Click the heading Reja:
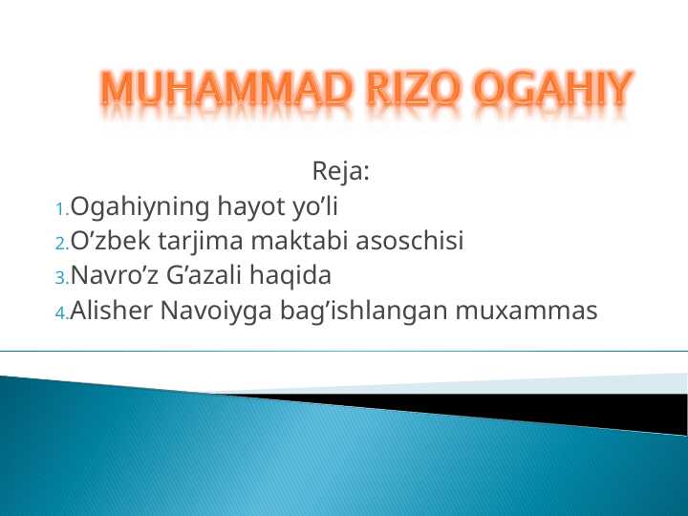[x=341, y=173]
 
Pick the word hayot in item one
[x=247, y=207]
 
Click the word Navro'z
[x=117, y=277]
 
